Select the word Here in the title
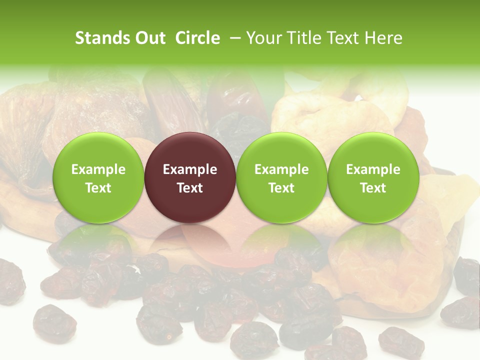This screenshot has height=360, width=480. click(384, 38)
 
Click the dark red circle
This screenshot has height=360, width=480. click(190, 177)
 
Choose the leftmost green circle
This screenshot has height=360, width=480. click(98, 177)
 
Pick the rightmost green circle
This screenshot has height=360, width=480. click(373, 177)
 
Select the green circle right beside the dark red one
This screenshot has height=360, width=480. click(281, 177)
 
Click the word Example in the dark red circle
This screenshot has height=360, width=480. click(190, 169)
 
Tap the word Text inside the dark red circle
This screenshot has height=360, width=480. click(190, 188)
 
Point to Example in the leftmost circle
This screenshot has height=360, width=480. click(98, 169)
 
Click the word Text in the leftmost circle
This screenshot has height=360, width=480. click(98, 188)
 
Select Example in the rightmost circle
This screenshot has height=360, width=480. click(373, 169)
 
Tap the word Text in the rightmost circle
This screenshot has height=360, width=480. click(373, 188)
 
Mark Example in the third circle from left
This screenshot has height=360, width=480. click(281, 169)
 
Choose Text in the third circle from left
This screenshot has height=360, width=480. click(281, 188)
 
